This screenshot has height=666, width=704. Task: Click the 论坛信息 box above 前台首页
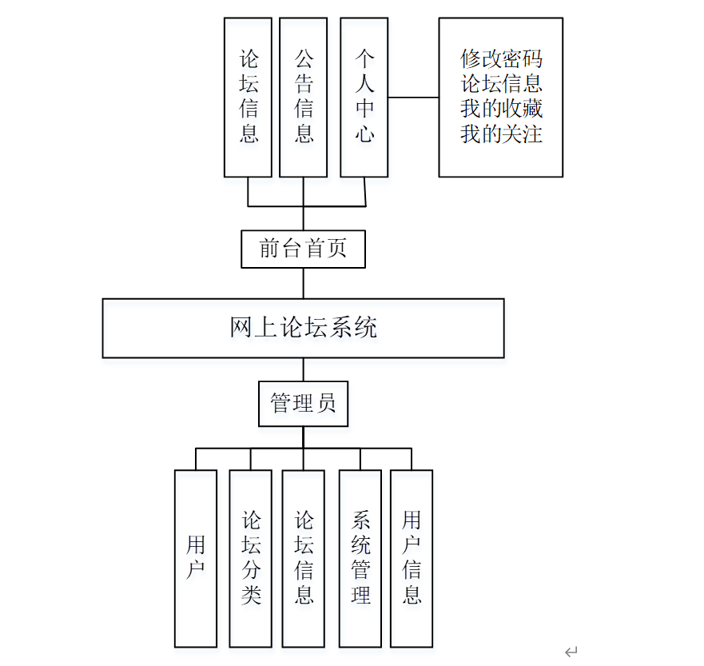249,97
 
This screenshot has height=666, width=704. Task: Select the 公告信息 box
303,97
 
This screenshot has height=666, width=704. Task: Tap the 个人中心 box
364,97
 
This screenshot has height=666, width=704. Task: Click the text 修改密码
501,58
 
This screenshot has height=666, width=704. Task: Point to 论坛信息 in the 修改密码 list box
501,83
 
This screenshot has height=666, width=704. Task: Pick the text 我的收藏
501,108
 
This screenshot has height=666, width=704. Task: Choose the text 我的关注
501,133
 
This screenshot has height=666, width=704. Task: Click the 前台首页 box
303,249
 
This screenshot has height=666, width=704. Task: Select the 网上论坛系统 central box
303,328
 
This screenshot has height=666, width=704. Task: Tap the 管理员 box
303,404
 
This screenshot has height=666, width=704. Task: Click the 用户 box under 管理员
196,558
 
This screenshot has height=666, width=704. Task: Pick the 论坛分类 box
251,558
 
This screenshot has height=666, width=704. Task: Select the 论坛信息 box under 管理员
303,558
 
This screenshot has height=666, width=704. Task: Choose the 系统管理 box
360,558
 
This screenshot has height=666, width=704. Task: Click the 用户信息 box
412,558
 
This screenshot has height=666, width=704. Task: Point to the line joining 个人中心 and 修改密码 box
413,98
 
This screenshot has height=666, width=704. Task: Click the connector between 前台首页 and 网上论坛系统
303,283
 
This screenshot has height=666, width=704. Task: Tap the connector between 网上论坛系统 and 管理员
303,369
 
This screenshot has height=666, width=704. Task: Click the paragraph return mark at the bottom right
571,652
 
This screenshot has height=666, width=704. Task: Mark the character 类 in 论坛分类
251,595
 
